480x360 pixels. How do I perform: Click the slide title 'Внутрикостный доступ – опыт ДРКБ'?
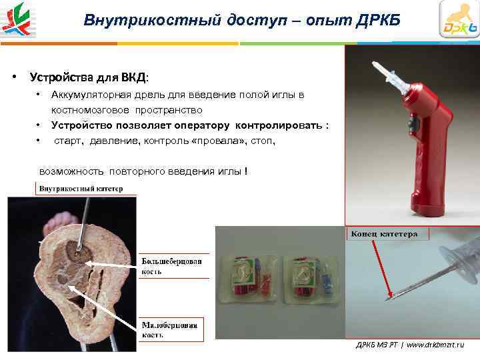coord(242,20)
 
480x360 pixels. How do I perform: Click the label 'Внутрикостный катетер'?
coord(81,189)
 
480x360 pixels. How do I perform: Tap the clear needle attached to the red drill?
coord(386,73)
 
